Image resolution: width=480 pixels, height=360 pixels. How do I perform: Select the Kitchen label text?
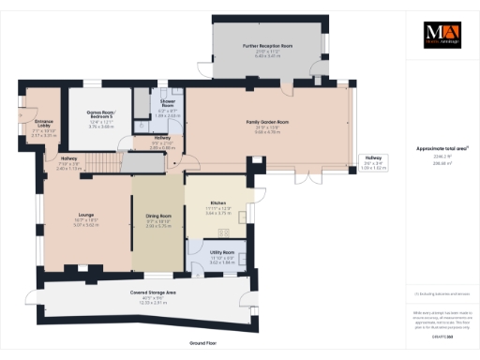click(217, 202)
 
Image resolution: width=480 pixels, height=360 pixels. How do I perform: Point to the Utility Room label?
click(221, 253)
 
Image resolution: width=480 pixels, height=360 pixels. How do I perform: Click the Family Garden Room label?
click(266, 123)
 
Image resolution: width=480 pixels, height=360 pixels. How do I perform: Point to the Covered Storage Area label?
click(153, 292)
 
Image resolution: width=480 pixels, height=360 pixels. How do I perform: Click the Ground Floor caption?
click(203, 344)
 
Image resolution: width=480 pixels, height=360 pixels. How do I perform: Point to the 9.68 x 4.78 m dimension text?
click(266, 133)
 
